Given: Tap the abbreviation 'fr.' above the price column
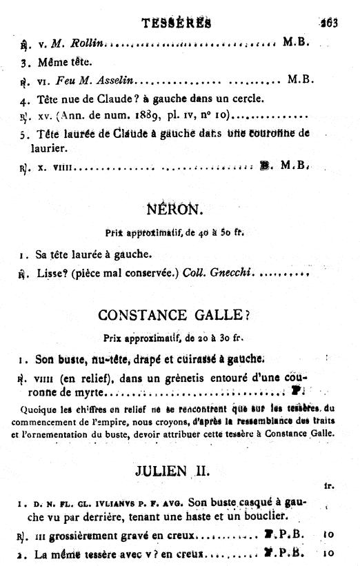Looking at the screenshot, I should pos(329,485).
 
